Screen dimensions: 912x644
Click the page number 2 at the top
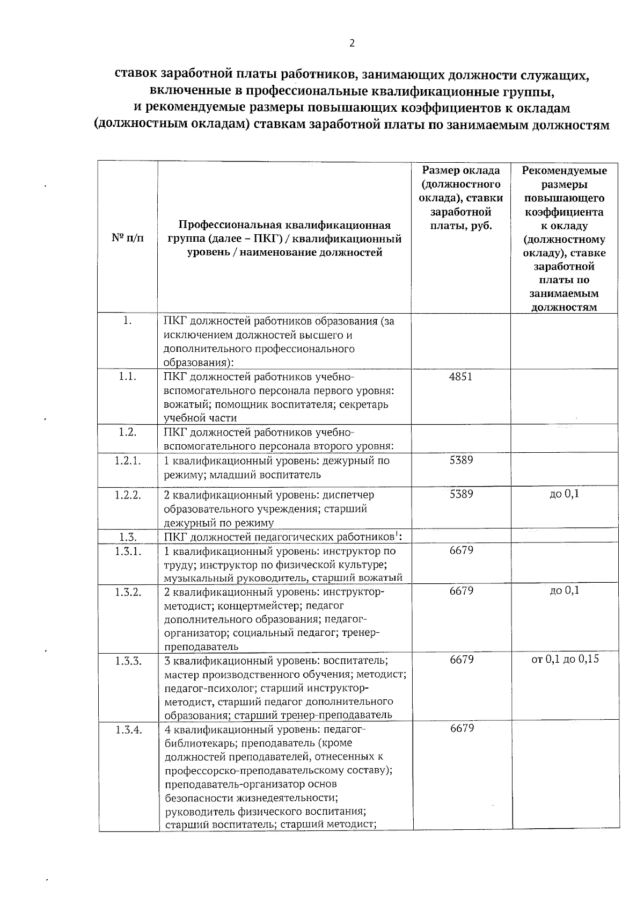[x=352, y=44]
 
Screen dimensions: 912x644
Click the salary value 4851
[x=461, y=377]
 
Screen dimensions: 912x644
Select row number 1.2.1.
[x=128, y=461]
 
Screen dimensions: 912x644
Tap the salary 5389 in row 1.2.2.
[x=461, y=494]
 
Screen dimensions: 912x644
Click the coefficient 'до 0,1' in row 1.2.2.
[x=564, y=494]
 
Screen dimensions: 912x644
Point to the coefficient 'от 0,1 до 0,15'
[x=565, y=659]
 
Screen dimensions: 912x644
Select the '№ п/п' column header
[x=128, y=237]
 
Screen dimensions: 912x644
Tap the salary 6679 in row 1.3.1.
[x=461, y=551]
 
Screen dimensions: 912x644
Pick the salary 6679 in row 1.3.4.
[x=461, y=728]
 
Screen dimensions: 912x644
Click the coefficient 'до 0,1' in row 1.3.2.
[x=564, y=591]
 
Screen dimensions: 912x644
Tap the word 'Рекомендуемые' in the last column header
[x=564, y=171]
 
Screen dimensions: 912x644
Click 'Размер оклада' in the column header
[x=461, y=171]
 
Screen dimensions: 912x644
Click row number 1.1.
[x=128, y=377]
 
